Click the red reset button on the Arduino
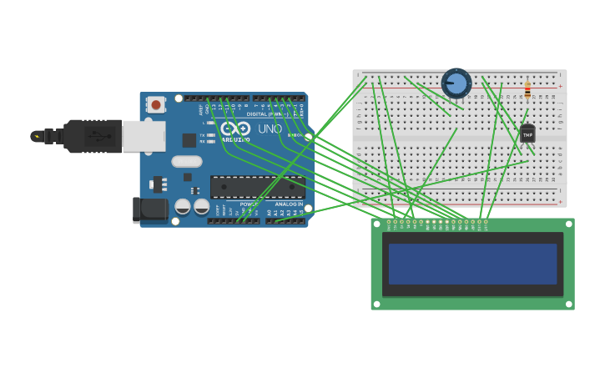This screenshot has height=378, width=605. [155, 104]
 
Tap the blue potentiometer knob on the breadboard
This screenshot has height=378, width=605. [456, 83]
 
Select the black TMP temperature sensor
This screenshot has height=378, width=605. [527, 134]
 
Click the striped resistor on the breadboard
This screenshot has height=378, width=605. [527, 88]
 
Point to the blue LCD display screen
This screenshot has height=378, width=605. [472, 264]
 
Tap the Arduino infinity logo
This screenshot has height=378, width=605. [235, 129]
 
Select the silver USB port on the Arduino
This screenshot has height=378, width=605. [144, 136]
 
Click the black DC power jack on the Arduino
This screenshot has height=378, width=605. [150, 209]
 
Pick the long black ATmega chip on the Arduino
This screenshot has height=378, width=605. [258, 187]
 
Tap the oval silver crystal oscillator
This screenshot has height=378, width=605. [187, 161]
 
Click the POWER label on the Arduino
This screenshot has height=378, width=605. [249, 204]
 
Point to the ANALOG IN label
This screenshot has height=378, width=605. [289, 204]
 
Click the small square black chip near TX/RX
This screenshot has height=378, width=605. [189, 140]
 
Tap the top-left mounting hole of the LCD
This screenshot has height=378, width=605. [376, 224]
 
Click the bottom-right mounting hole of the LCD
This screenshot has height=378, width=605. [569, 304]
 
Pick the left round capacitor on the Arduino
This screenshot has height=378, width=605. [182, 205]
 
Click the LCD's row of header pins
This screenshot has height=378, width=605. [438, 222]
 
